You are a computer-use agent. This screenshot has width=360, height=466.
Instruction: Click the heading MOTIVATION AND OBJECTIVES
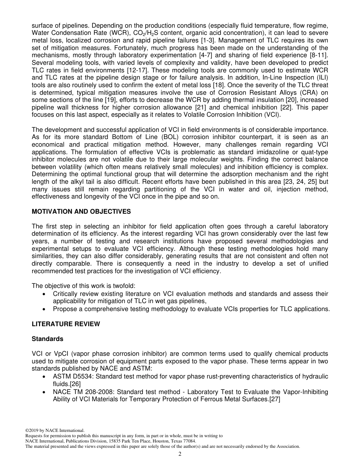[81, 212]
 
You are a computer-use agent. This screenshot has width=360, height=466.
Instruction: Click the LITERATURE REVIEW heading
[66, 324]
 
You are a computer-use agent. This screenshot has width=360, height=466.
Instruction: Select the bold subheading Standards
[47, 339]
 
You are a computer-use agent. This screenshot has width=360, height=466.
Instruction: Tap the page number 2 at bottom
[180, 454]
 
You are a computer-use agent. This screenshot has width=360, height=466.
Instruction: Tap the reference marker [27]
[274, 399]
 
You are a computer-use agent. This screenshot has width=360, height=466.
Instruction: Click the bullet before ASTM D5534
[45, 377]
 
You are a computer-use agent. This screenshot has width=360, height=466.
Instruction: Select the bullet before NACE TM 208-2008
[45, 392]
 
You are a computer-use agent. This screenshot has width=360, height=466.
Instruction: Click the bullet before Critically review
[45, 294]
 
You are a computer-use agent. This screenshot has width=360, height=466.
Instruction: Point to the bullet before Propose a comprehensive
[45, 309]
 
